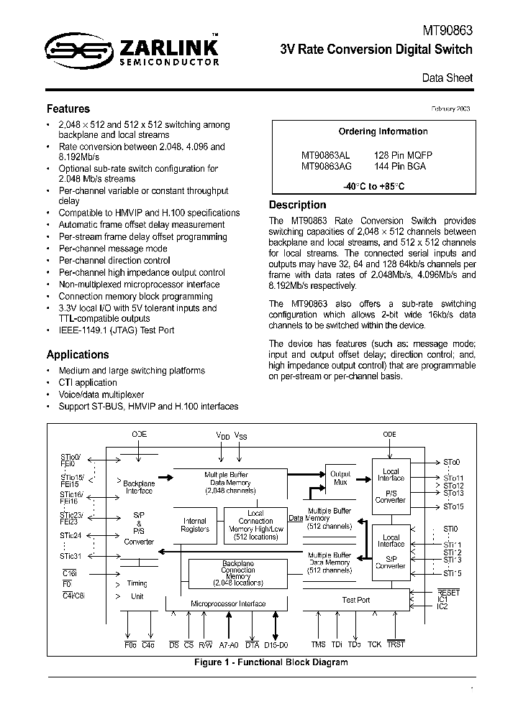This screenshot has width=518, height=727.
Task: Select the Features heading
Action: tap(68, 109)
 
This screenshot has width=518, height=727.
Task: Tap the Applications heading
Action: tap(78, 355)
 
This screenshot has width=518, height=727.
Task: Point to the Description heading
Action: tap(297, 205)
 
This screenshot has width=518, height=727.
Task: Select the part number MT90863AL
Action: tap(325, 155)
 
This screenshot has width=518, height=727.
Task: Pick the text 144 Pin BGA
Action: tap(399, 166)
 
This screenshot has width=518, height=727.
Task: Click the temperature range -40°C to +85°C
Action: tap(373, 186)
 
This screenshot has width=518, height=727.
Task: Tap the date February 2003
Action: tap(450, 108)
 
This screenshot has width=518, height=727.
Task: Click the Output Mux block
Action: tap(340, 478)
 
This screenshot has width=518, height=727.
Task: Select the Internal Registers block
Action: tap(194, 525)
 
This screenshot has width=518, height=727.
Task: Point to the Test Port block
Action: tap(356, 600)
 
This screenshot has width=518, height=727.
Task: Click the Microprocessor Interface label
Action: tap(227, 604)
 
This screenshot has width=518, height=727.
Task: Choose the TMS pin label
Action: tap(318, 644)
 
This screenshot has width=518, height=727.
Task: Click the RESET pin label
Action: tap(448, 592)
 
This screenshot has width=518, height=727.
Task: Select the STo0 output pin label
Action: tap(451, 463)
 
